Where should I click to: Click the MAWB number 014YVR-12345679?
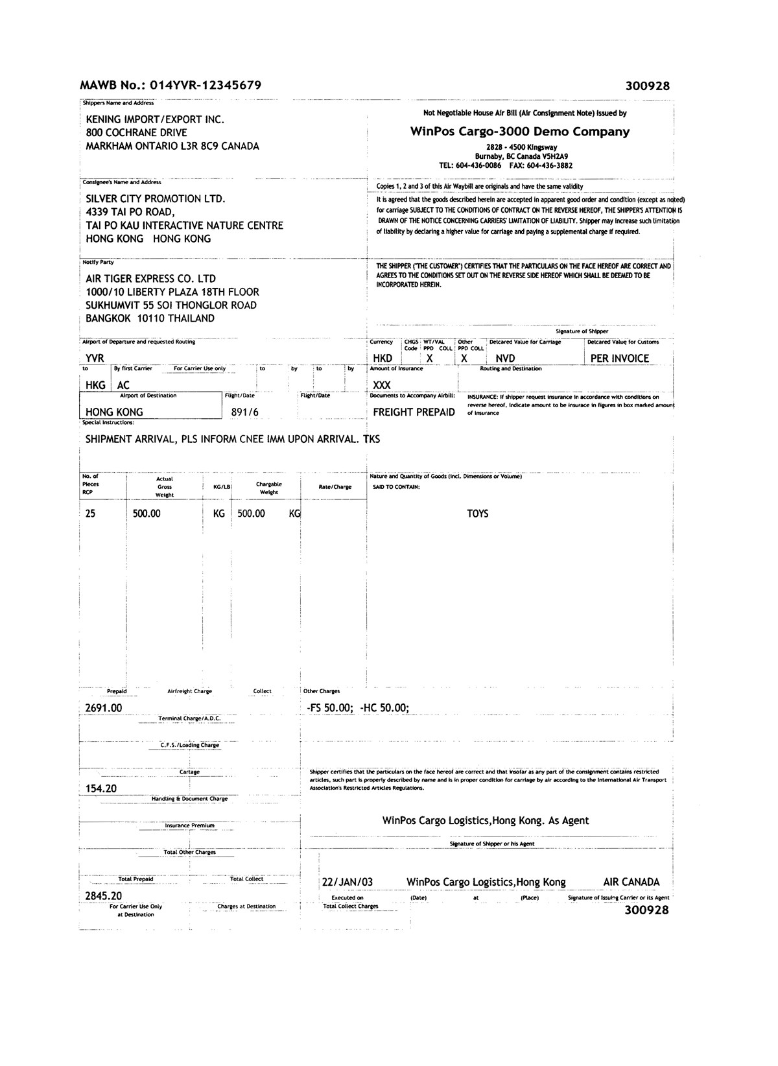pyautogui.click(x=206, y=85)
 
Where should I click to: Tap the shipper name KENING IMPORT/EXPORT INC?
pyautogui.click(x=155, y=119)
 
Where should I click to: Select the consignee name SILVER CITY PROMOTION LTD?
pyautogui.click(x=156, y=199)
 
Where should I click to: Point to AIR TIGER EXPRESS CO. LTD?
pyautogui.click(x=151, y=278)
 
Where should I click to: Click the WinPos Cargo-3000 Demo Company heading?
pyautogui.click(x=520, y=132)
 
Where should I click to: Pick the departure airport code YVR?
pyautogui.click(x=95, y=358)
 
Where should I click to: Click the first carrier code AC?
pyautogui.click(x=123, y=385)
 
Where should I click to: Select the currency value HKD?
pyautogui.click(x=383, y=358)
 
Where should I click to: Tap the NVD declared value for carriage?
pyautogui.click(x=506, y=358)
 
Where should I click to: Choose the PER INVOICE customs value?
pyautogui.click(x=619, y=358)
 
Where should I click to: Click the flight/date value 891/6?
pyautogui.click(x=244, y=412)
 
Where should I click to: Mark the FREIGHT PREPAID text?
pyautogui.click(x=414, y=412)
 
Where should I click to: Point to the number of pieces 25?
pyautogui.click(x=90, y=514)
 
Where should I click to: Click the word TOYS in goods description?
pyautogui.click(x=478, y=514)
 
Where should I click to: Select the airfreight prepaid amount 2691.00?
pyautogui.click(x=104, y=708)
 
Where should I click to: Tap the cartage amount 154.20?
pyautogui.click(x=101, y=788)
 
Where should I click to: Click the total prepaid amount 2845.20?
pyautogui.click(x=104, y=896)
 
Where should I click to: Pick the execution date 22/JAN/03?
pyautogui.click(x=348, y=882)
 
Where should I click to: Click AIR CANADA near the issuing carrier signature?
pyautogui.click(x=631, y=882)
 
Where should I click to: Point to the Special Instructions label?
pyautogui.click(x=108, y=422)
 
